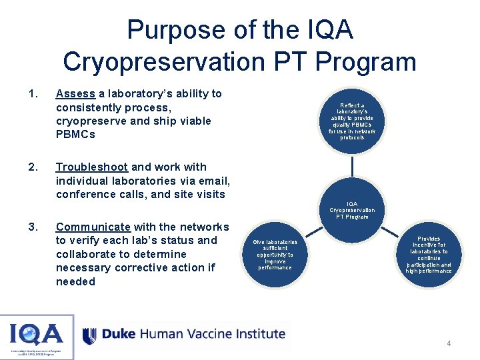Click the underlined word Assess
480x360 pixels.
76,94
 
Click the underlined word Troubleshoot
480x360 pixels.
93,167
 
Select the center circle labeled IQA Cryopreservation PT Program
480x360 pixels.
352,210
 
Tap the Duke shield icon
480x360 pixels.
89,335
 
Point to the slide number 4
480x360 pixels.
449,343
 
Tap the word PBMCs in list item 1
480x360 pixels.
75,135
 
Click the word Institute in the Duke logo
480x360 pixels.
260,334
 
